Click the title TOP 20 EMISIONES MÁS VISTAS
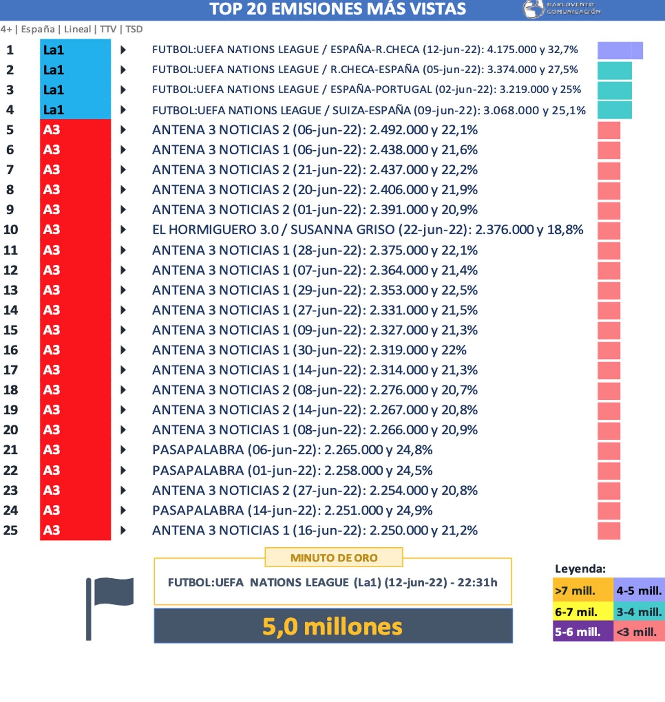337,9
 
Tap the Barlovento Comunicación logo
562,9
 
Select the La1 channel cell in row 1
75,50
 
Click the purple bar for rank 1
620,51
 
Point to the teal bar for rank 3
614,90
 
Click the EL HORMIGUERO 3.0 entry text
367,230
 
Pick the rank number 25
11,530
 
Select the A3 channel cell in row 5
75,129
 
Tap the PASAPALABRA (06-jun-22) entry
292,450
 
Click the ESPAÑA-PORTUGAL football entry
366,90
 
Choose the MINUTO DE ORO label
334,558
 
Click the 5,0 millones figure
332,626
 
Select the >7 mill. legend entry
583,590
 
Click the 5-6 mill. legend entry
583,632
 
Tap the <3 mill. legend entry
638,632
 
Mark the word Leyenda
580,569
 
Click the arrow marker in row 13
123,290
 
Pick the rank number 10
11,230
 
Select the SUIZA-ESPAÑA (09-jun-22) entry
368,110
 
